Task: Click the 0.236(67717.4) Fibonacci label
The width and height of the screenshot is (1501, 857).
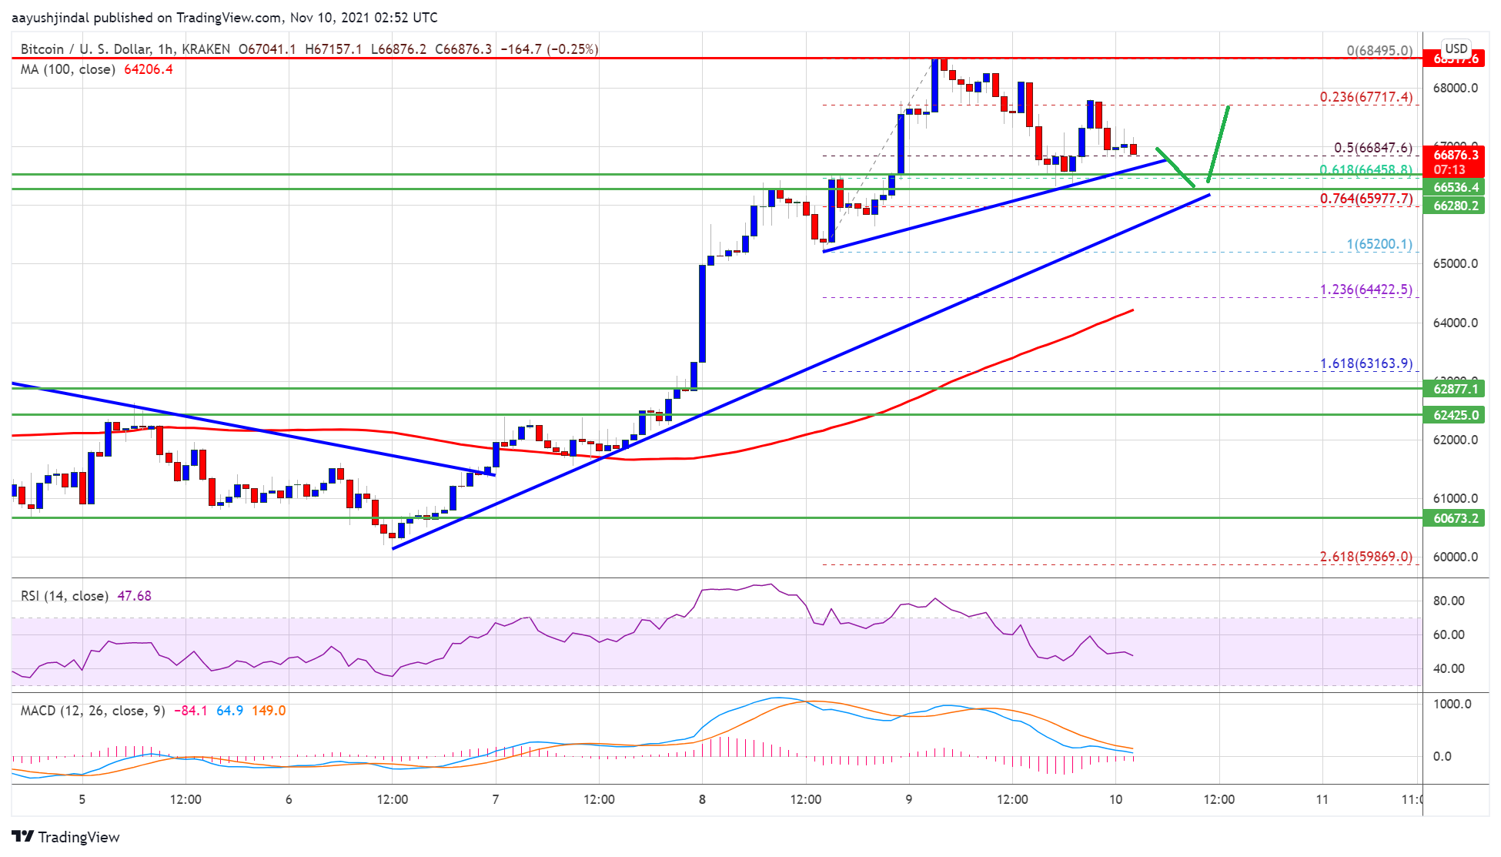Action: [1366, 97]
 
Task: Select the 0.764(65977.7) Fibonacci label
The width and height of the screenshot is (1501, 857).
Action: [1366, 199]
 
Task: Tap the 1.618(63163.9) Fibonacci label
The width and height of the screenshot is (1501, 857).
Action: [1366, 363]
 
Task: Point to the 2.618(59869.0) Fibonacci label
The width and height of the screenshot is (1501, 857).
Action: [1366, 557]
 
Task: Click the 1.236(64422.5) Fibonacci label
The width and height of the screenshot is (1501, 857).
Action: [1366, 290]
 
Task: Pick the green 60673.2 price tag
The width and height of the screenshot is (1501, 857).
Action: [1455, 518]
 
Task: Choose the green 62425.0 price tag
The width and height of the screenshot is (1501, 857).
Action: [1455, 415]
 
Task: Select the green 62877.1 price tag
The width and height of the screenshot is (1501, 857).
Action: [1455, 389]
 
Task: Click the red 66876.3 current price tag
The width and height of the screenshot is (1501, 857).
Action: [1455, 156]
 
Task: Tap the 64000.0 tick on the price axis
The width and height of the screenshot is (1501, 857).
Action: [1455, 323]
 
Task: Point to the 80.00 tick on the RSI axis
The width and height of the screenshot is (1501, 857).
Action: [1448, 601]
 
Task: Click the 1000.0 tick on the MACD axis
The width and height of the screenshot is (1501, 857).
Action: [1452, 704]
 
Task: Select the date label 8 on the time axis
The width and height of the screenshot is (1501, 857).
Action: [702, 799]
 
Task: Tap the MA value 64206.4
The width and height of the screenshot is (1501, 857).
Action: [148, 69]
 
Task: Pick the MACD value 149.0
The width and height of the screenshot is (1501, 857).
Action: [269, 711]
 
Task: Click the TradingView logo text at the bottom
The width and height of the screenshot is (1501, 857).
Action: [78, 837]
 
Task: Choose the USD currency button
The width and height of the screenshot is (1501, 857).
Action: [1456, 49]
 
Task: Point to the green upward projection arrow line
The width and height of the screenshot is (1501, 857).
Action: [1218, 144]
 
